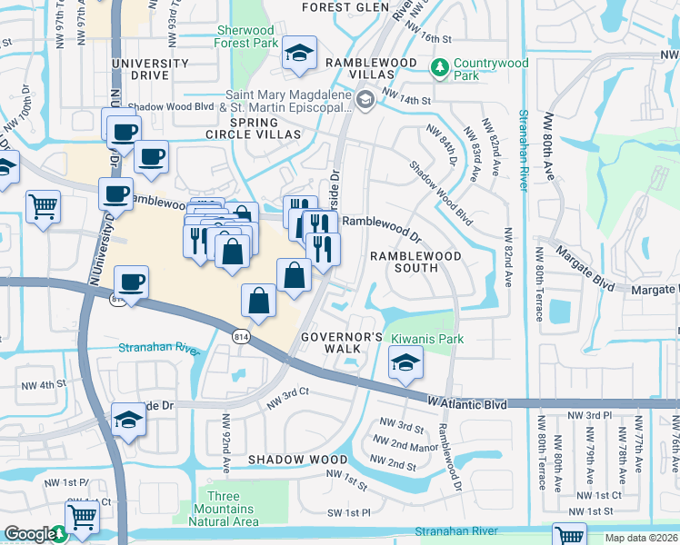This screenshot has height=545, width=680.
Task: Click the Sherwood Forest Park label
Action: point(246,35)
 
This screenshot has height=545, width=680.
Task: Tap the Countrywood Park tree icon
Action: point(439,67)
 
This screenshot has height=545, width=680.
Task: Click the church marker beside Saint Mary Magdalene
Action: point(365,101)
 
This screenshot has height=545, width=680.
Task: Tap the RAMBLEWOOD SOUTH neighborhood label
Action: point(415,263)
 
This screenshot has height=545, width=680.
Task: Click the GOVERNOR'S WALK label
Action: point(343,343)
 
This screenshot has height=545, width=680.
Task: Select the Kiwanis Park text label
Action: point(427,339)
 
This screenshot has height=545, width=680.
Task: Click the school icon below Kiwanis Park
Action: point(405,365)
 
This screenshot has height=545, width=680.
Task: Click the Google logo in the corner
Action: point(29,534)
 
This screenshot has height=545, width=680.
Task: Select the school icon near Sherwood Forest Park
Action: point(297,54)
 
